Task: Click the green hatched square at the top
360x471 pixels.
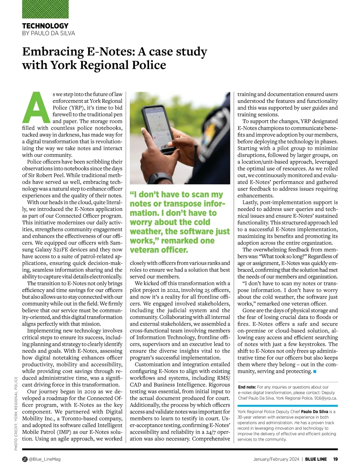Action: point(45,9)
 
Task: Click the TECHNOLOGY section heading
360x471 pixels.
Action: point(45,26)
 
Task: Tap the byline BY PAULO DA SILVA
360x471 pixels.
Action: point(49,33)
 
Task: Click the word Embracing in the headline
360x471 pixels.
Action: point(53,52)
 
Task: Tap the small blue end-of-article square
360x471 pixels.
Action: point(315,372)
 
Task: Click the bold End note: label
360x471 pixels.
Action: point(247,387)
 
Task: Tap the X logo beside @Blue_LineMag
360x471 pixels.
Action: point(25,459)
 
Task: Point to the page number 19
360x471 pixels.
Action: point(335,459)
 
